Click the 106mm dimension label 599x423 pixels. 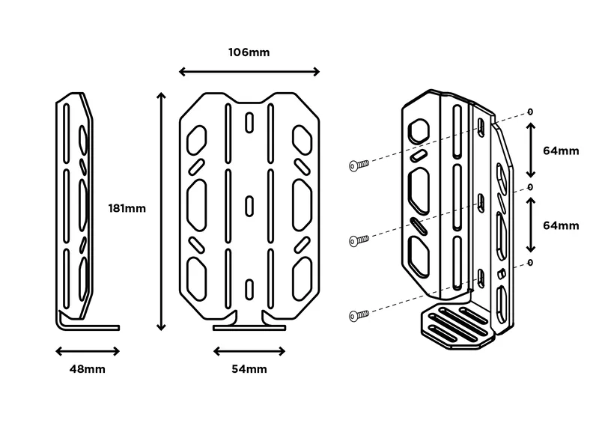click(x=249, y=52)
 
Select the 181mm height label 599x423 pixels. click(x=127, y=208)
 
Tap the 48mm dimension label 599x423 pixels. click(x=87, y=368)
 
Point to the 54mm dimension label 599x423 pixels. click(x=249, y=368)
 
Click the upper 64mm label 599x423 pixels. click(x=561, y=150)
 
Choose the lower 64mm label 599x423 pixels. click(x=561, y=225)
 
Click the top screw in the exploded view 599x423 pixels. click(x=359, y=165)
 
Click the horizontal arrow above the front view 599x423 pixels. click(x=249, y=72)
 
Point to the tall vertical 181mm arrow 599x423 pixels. click(x=159, y=211)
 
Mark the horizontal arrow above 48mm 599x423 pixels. click(x=88, y=350)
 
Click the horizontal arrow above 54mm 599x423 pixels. click(x=249, y=350)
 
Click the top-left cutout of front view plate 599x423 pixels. click(x=197, y=137)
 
